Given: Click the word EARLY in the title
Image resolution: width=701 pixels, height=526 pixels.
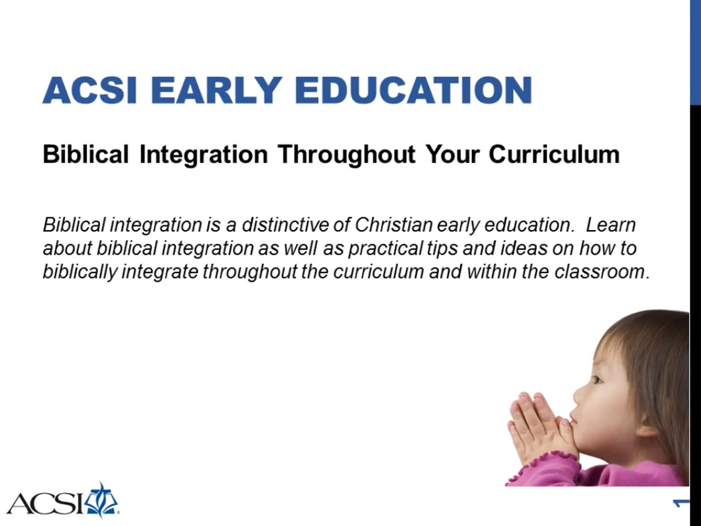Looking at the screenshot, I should [216, 90].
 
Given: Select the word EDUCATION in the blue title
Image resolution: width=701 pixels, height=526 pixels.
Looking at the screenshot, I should [413, 90].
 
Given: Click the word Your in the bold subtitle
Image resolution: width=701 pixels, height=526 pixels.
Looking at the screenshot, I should [452, 155].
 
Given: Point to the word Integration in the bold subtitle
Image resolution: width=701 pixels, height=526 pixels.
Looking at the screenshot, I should [203, 155].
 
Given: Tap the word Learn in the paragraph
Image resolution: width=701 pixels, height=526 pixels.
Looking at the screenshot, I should [611, 225].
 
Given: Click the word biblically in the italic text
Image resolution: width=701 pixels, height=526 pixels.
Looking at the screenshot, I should [80, 272].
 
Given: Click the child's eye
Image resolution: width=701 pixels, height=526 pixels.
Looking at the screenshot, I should [596, 379].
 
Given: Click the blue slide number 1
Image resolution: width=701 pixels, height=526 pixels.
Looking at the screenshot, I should [681, 503].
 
